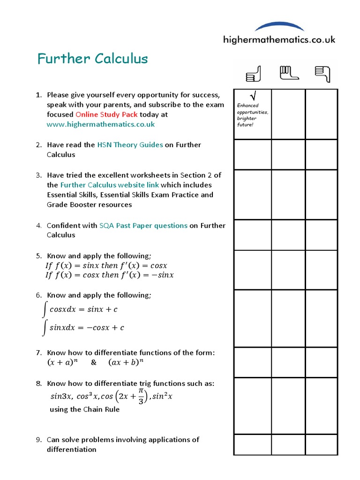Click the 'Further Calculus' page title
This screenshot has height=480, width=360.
pyautogui.click(x=92, y=59)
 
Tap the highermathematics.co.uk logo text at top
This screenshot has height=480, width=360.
pyautogui.click(x=279, y=40)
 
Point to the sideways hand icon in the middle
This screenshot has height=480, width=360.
pyautogui.click(x=289, y=73)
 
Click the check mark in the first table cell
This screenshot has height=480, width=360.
pyautogui.click(x=253, y=96)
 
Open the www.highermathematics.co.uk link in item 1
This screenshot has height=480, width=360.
pyautogui.click(x=101, y=124)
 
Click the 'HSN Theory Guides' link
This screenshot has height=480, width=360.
pyautogui.click(x=130, y=145)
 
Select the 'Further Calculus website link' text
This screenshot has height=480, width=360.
pyautogui.click(x=109, y=185)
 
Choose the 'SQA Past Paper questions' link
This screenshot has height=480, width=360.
pyautogui.click(x=143, y=225)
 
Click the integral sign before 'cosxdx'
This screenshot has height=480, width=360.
pyautogui.click(x=44, y=310)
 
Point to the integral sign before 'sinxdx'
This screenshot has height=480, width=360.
pyautogui.click(x=44, y=328)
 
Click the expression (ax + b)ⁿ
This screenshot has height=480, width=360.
pyautogui.click(x=125, y=362)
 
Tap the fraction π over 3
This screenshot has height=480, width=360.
pyautogui.click(x=141, y=396)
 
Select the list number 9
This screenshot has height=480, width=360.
pyautogui.click(x=39, y=440)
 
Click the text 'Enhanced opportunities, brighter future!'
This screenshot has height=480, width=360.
pyautogui.click(x=252, y=115)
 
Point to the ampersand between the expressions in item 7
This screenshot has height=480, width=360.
pyautogui.click(x=93, y=362)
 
